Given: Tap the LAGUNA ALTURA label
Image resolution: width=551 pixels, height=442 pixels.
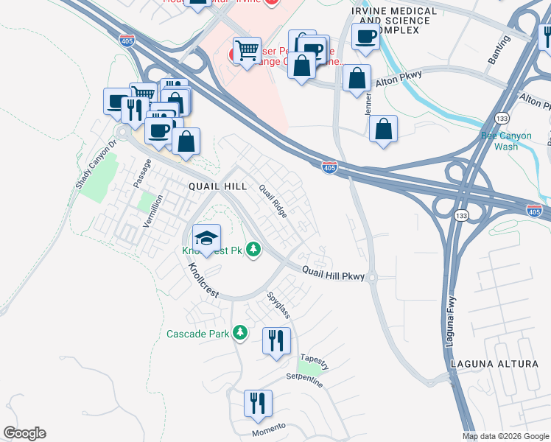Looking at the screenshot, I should [487, 364].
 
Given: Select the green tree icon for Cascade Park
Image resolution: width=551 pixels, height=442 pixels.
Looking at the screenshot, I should [239, 333].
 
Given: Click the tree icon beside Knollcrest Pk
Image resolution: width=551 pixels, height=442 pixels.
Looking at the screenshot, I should [253, 250].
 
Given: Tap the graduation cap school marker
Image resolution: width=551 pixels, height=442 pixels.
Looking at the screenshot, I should [207, 239].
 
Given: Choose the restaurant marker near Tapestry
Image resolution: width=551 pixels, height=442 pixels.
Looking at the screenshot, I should [277, 342].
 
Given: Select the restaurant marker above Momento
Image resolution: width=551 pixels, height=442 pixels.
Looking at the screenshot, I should [258, 404].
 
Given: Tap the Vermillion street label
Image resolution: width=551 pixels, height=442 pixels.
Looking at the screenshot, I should [153, 211].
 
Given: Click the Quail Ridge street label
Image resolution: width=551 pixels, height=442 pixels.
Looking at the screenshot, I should [273, 200].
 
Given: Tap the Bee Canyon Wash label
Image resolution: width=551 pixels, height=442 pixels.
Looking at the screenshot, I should [500, 141].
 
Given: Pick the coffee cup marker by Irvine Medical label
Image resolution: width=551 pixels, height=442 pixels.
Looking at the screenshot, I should [365, 38].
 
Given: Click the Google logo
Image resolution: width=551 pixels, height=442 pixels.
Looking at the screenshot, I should [24, 433].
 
